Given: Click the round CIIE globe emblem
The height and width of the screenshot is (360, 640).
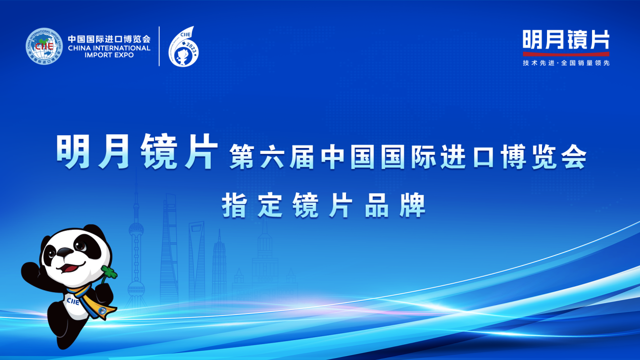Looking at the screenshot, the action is click(x=44, y=46).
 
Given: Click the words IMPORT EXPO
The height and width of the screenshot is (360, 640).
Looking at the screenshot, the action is click(x=109, y=55).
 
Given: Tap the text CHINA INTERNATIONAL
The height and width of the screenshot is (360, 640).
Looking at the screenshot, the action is click(x=109, y=48).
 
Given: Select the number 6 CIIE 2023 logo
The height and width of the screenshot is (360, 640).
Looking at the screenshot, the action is click(x=183, y=46).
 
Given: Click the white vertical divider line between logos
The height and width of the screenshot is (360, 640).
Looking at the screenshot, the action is click(x=159, y=46).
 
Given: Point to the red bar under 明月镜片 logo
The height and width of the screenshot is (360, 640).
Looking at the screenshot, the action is click(x=566, y=54).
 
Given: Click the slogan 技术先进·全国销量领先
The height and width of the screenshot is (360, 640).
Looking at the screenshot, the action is click(x=566, y=63).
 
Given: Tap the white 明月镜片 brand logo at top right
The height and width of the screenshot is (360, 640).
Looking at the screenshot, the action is click(x=566, y=39).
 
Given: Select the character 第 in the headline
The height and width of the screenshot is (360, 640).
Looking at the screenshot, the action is click(x=242, y=157).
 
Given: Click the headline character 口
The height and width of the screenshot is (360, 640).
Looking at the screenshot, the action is click(x=484, y=157).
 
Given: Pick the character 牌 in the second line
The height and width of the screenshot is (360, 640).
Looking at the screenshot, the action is click(x=413, y=205).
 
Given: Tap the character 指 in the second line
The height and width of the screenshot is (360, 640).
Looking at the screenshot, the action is click(x=234, y=205).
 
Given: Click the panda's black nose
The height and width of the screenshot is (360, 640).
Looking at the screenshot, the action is click(x=65, y=252).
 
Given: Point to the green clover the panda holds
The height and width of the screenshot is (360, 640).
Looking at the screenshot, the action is click(x=110, y=272).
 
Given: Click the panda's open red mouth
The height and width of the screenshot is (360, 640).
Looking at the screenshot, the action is click(x=69, y=268).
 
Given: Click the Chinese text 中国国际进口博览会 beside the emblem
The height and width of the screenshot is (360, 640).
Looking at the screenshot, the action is click(x=109, y=39).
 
